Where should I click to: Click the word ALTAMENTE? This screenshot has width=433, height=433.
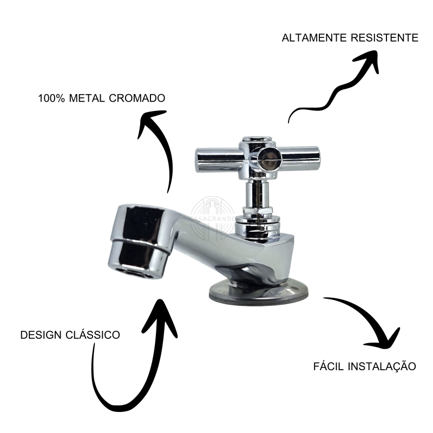(x=314, y=38)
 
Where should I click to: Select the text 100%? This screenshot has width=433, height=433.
(x=51, y=99)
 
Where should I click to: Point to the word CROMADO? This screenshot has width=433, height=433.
(x=137, y=99)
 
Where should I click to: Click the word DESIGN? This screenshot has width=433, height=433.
(x=41, y=335)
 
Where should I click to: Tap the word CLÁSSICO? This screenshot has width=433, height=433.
(x=93, y=334)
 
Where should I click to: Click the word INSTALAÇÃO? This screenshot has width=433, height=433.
(x=382, y=367)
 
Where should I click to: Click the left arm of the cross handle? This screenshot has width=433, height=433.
(x=218, y=160)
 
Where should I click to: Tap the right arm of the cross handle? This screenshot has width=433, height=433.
(x=298, y=158)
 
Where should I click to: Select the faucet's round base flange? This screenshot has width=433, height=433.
(x=258, y=293)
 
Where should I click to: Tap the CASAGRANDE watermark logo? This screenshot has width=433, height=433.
(x=213, y=218)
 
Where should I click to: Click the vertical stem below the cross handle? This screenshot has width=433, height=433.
(x=257, y=193)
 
